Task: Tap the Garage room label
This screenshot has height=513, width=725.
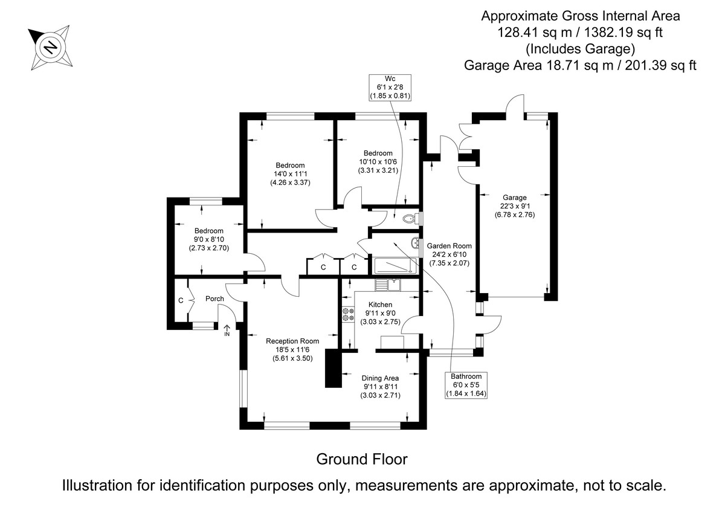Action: pos(514,197)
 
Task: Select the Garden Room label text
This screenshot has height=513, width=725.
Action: pos(449,246)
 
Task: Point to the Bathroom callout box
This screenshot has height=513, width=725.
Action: pos(466,385)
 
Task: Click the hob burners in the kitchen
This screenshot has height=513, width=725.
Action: pos(348,315)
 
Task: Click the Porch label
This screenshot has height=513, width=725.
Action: pos(214,298)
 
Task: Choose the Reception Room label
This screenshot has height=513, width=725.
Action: pos(292,341)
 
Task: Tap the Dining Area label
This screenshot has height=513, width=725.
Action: pos(381,378)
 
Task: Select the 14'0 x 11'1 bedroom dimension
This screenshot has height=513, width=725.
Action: pos(290,174)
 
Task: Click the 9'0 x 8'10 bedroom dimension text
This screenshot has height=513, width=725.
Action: pos(208,239)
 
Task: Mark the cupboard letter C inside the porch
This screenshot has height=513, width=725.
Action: pos(181,300)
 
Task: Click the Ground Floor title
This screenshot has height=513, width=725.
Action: pos(362,459)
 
